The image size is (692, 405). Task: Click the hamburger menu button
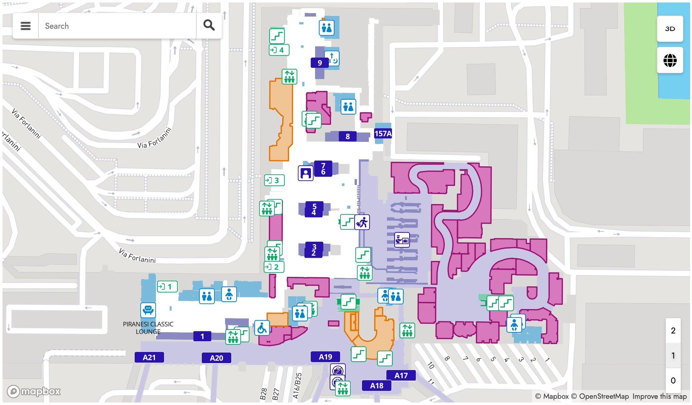click(26, 26)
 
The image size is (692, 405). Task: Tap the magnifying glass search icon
click(209, 25)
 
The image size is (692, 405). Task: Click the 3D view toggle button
click(670, 29)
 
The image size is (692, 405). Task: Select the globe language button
click(670, 60)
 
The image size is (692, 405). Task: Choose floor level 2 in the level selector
click(673, 331)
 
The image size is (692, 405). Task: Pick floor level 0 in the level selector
click(673, 380)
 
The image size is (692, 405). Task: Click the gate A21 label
click(149, 357)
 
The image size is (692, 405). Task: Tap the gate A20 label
click(216, 358)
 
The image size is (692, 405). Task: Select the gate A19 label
click(325, 357)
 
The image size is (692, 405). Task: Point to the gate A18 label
click(377, 386)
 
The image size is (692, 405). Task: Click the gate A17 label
click(401, 375)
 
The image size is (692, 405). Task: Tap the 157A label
click(383, 134)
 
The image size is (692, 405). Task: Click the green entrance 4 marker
click(279, 50)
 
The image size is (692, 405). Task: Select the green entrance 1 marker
click(167, 287)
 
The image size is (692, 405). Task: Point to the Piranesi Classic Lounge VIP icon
click(148, 310)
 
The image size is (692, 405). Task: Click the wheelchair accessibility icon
click(262, 328)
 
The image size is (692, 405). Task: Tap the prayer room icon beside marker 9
click(332, 58)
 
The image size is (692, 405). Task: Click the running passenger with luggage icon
click(362, 222)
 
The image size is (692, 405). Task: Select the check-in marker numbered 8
click(348, 137)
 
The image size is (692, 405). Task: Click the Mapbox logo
click(34, 391)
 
